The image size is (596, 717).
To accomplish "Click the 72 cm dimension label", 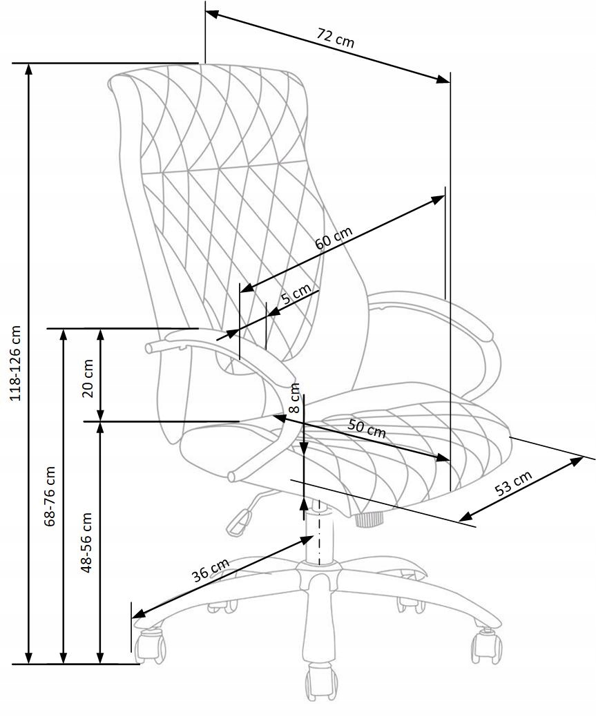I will [x=336, y=37].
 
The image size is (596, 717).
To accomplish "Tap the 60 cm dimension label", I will [x=334, y=238].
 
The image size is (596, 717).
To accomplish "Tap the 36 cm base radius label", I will [x=211, y=571].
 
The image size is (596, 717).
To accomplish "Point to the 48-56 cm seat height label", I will [x=86, y=543].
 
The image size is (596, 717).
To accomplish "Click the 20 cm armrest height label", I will [x=88, y=379].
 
